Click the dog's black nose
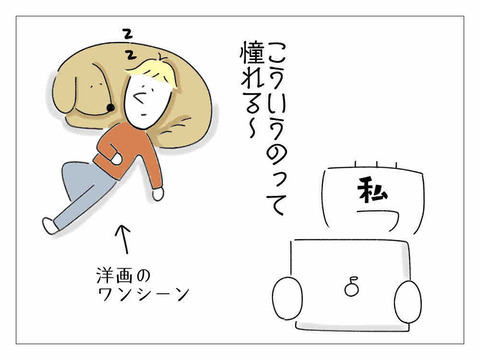tap(110, 107)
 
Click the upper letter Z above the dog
tap(127, 35)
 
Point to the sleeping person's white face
tap(147, 100)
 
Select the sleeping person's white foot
tap(50, 226)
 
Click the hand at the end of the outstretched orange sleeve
tap(157, 194)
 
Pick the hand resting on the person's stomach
tap(116, 158)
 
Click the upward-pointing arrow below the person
tap(123, 239)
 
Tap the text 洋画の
tap(123, 276)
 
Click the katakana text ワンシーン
tap(144, 294)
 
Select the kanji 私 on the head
tap(372, 191)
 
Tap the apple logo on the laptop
tap(351, 287)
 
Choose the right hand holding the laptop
tap(408, 301)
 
